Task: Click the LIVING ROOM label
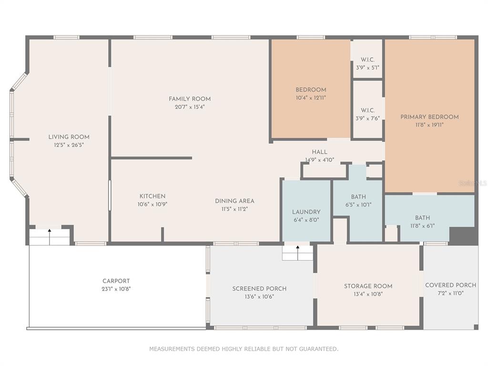point(69,137)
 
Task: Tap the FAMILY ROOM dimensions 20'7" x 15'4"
point(190,107)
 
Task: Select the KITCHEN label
point(152,196)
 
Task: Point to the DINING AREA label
point(234,201)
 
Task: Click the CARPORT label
point(116,281)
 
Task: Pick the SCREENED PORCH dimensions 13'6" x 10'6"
point(259,296)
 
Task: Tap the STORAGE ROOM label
point(368,286)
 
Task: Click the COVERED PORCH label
point(451,285)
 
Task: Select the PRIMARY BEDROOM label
point(429,117)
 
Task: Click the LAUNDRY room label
point(306,212)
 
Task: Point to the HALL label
point(320,152)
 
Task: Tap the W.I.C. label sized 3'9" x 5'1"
point(367,60)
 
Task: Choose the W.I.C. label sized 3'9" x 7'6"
point(367,110)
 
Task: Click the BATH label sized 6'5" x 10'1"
point(358,197)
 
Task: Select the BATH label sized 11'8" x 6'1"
point(422,218)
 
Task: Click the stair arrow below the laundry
point(298,253)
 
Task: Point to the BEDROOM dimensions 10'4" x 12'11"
point(311,98)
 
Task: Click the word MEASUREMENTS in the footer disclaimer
point(172,349)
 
